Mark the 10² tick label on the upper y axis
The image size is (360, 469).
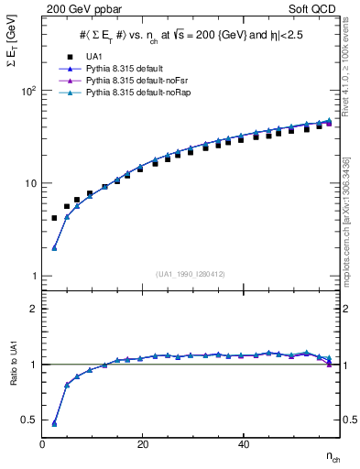(27, 92)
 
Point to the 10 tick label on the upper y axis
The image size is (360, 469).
(28, 184)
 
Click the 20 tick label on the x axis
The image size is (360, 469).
(141, 444)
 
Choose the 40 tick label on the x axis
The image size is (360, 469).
(241, 444)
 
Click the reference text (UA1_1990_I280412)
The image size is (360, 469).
(192, 274)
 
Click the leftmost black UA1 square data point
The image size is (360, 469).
(54, 218)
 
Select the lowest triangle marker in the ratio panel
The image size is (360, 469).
(54, 423)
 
